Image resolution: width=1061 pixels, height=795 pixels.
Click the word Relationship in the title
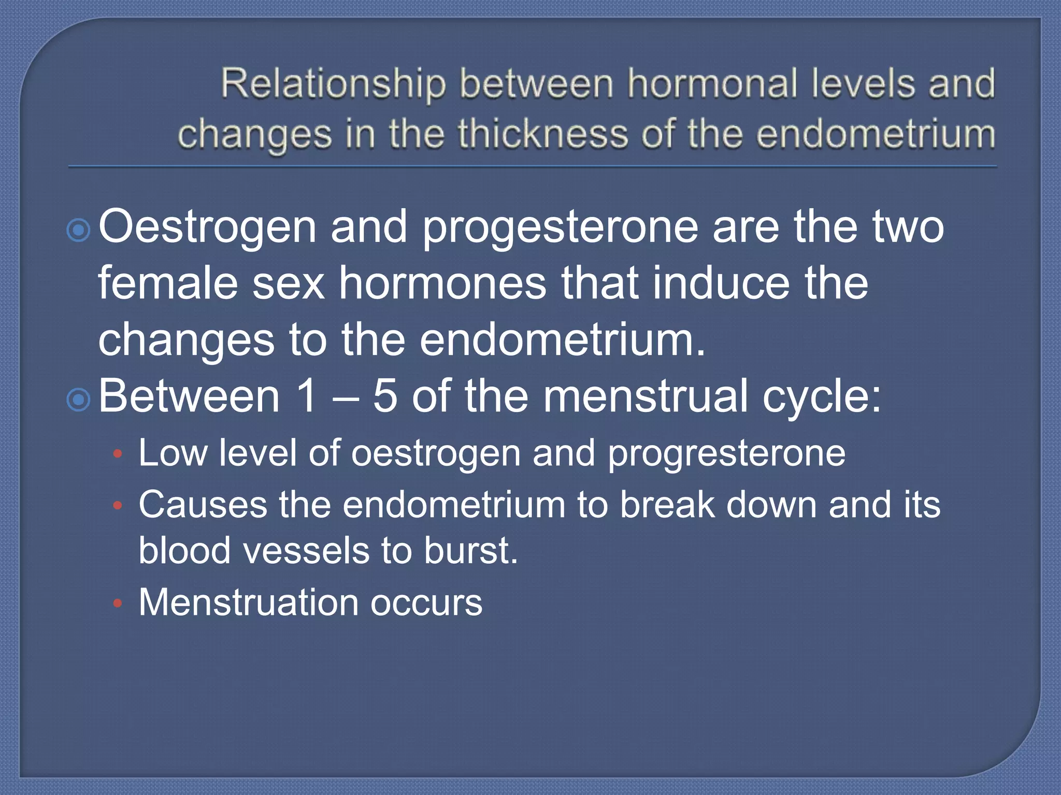(333, 84)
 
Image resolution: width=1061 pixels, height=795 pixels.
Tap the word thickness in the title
(542, 134)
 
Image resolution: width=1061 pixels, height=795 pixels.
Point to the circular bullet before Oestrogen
(79, 230)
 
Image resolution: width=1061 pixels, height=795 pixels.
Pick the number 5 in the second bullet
(385, 396)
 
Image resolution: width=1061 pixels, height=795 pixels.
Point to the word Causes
(203, 505)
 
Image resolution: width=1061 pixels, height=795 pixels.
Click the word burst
(470, 550)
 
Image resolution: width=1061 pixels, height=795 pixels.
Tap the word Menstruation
(249, 602)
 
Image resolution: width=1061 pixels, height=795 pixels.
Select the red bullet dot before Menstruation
(118, 603)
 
